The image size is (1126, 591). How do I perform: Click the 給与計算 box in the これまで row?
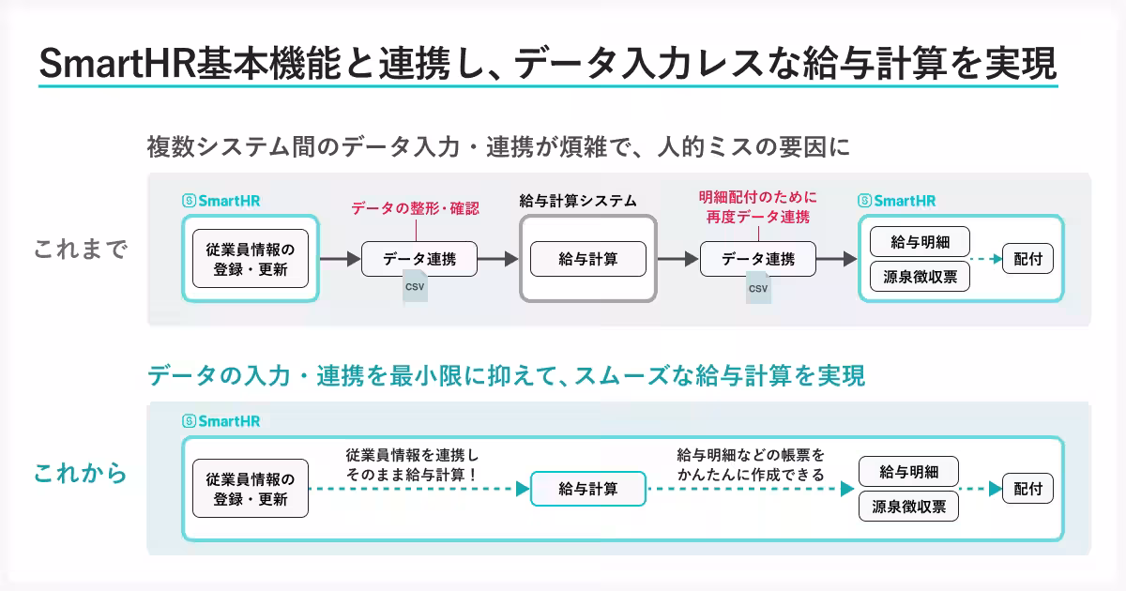point(588,259)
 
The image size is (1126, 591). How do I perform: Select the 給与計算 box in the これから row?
point(588,489)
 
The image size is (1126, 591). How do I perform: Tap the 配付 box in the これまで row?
point(1027,259)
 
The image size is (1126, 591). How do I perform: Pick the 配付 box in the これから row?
point(1027,489)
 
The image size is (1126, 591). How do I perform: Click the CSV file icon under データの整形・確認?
point(414,286)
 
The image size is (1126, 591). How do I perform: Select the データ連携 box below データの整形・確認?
point(418,259)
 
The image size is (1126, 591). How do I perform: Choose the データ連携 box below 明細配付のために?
point(757,259)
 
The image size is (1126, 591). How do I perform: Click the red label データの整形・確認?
point(415,208)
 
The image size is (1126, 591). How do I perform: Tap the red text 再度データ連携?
point(757,217)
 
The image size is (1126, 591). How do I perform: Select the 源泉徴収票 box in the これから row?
point(907,507)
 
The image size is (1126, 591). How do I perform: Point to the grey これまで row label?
point(80,250)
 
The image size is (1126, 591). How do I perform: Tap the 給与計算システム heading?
point(578,200)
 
